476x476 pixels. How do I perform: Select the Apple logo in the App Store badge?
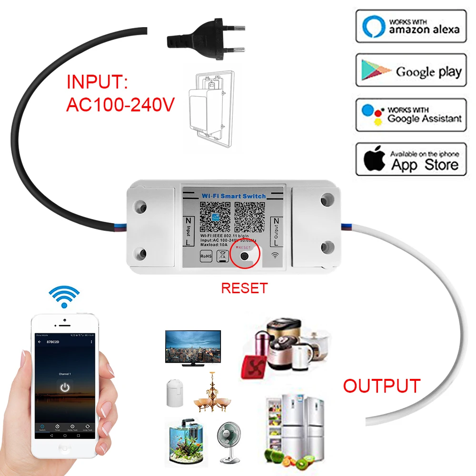[x=374, y=161]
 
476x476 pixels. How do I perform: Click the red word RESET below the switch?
[x=245, y=288]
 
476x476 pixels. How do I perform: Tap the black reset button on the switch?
[x=245, y=256]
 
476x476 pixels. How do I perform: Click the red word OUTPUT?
[x=382, y=386]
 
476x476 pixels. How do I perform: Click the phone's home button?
[x=65, y=448]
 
